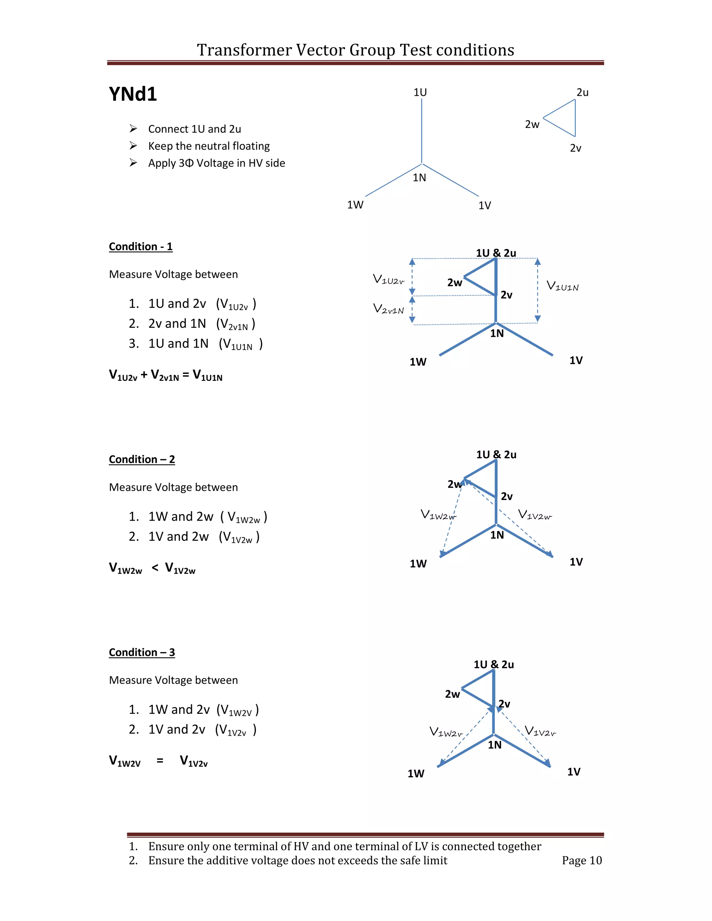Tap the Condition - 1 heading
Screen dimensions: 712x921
[140, 247]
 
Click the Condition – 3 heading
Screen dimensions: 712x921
[142, 652]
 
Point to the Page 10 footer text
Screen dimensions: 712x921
[582, 860]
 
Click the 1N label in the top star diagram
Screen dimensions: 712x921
[419, 178]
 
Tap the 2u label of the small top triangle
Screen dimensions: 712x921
[583, 92]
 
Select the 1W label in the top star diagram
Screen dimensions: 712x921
[355, 205]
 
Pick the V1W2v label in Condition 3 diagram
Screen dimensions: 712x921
[446, 732]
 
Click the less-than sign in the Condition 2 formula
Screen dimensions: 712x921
[155, 568]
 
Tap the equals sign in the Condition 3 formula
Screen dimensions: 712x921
[160, 761]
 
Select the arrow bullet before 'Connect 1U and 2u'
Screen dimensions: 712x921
[133, 128]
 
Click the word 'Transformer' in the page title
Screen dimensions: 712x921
[244, 50]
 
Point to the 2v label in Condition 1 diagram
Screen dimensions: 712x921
[507, 295]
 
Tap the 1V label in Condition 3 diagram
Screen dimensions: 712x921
[574, 772]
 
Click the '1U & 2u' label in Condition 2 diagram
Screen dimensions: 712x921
[496, 455]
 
